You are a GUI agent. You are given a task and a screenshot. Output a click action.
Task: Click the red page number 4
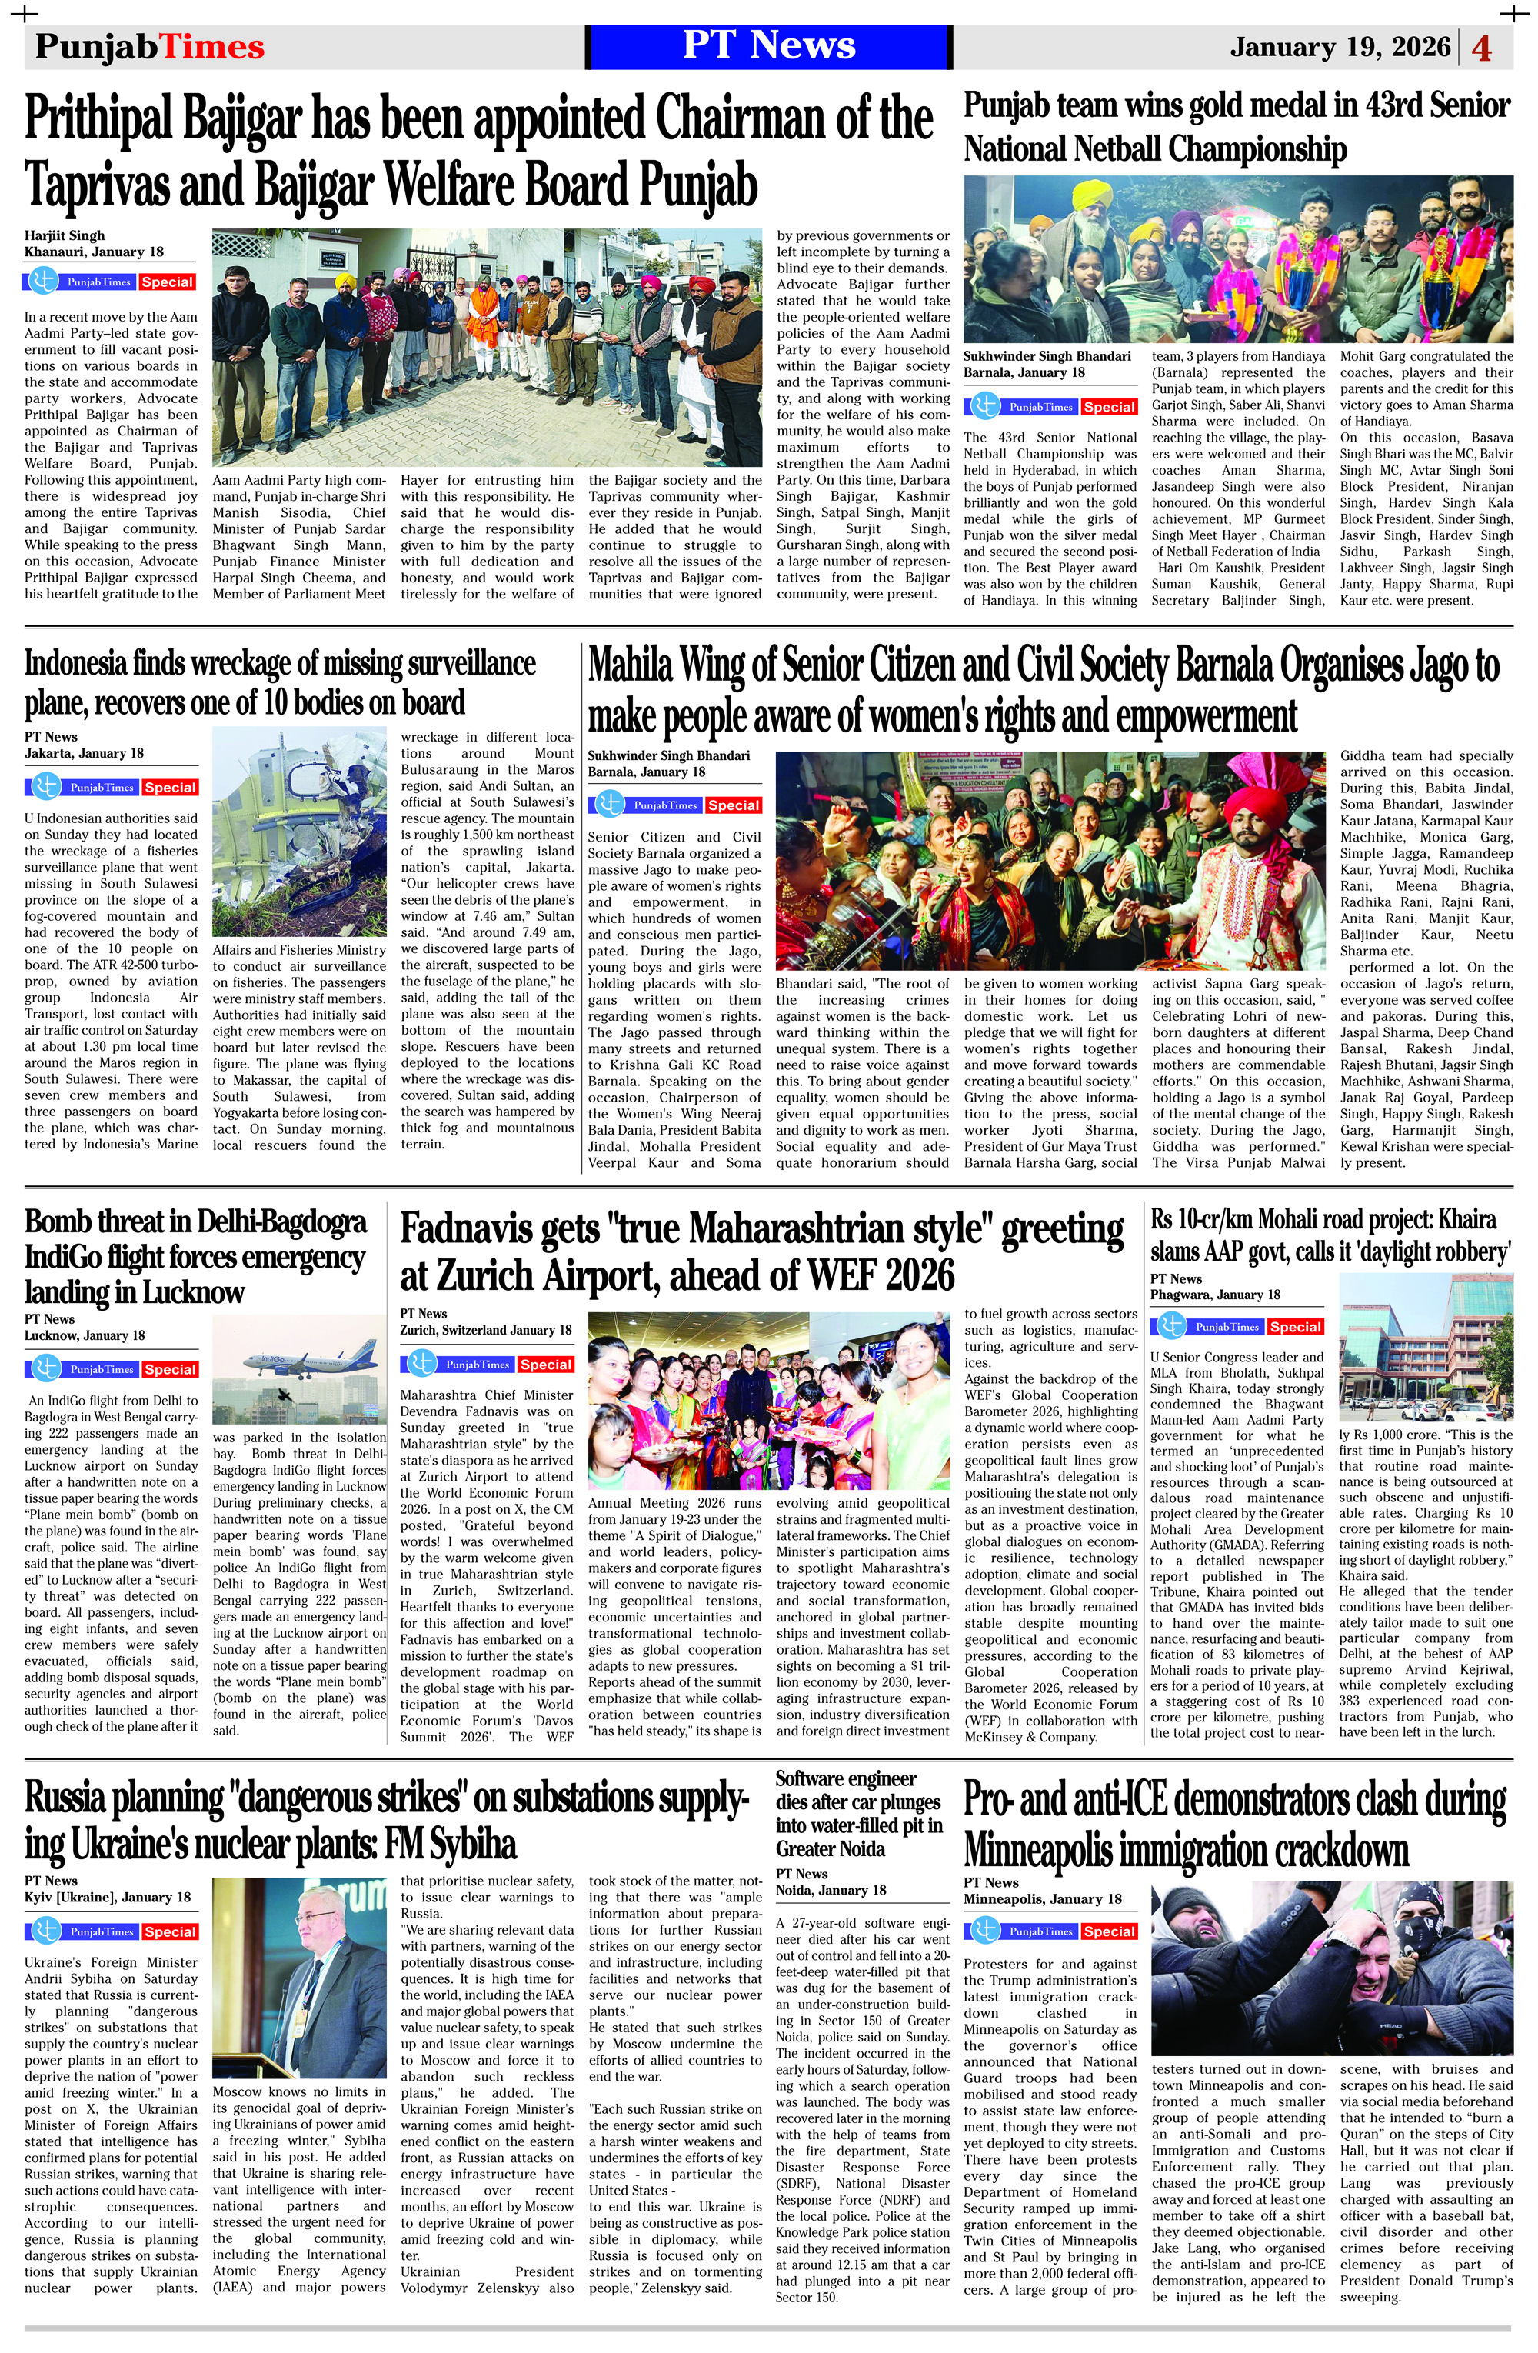tap(1482, 48)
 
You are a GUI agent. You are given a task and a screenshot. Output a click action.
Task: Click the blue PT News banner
tap(768, 46)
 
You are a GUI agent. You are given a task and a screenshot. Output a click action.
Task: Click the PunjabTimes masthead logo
tap(149, 46)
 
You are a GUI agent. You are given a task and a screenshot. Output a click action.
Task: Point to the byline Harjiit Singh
tap(65, 235)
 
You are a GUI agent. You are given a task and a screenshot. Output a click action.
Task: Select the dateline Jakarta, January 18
tap(84, 753)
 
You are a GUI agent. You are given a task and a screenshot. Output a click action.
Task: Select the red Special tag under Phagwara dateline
tap(1295, 1327)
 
